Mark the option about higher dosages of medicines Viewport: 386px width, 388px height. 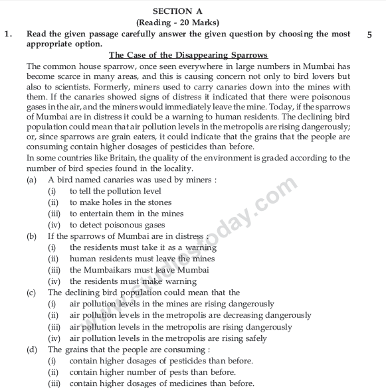click(161, 383)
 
